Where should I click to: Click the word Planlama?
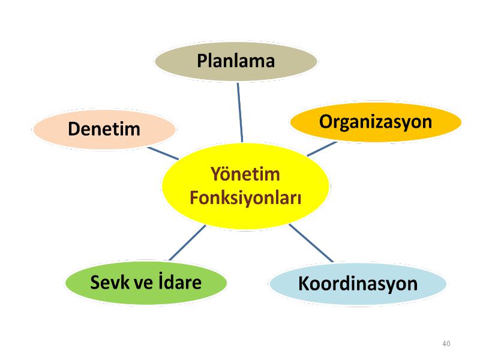point(236,61)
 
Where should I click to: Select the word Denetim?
point(104,128)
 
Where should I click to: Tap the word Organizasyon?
point(376,122)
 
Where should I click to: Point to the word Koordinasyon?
point(358,283)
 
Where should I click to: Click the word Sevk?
point(110,282)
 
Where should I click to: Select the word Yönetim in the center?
point(245,173)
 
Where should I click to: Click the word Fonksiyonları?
point(245,198)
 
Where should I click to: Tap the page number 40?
point(446,343)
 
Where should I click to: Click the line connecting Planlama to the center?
point(240,112)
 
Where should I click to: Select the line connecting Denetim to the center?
point(163,154)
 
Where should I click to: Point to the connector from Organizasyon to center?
point(322,149)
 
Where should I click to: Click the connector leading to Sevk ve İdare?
point(187,243)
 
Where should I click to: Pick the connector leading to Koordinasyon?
point(311,243)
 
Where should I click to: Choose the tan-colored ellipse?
point(236,61)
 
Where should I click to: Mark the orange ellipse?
point(376,122)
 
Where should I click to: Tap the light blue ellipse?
point(358,284)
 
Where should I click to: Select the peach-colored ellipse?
point(104,129)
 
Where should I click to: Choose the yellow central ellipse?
point(245,186)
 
